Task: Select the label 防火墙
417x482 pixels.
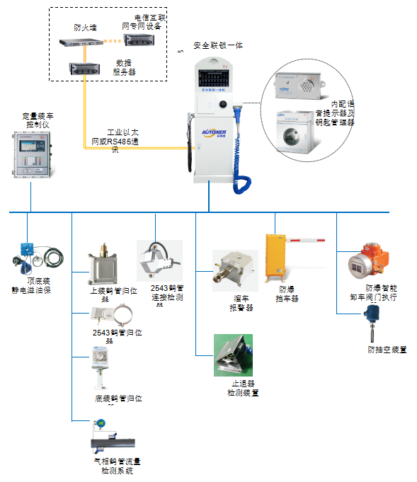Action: click(x=85, y=28)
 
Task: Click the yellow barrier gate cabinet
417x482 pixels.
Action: click(x=276, y=259)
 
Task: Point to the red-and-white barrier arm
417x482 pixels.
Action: click(x=308, y=241)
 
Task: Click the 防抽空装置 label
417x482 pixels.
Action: click(x=387, y=349)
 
